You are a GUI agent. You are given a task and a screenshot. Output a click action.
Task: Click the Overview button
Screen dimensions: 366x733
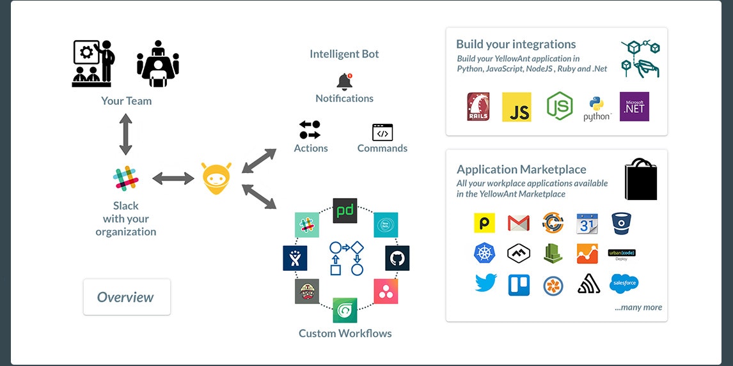127,297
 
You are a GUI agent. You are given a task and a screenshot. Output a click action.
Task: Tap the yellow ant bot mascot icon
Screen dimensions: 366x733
217,178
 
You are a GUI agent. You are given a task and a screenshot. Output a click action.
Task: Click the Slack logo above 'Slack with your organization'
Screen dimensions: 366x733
126,178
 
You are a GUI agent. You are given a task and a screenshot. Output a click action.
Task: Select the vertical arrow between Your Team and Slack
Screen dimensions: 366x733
126,134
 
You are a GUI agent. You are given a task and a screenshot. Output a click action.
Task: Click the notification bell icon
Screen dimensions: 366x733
344,82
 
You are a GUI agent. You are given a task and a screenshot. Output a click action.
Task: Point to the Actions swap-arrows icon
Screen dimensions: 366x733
310,130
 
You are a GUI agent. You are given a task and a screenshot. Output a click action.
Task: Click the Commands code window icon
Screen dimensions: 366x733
382,132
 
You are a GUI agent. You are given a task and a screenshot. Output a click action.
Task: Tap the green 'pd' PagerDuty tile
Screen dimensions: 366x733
345,210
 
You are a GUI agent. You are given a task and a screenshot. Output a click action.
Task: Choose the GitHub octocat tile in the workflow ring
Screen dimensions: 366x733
397,258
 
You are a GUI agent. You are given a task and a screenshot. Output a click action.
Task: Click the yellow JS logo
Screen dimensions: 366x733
517,107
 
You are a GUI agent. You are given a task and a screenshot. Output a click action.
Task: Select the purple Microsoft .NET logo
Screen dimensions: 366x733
634,107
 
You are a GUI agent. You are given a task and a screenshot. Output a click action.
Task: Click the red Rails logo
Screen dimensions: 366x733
478,107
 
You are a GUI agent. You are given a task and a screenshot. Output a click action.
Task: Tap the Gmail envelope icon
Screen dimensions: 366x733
518,223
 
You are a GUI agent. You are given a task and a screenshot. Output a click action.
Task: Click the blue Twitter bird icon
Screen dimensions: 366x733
485,284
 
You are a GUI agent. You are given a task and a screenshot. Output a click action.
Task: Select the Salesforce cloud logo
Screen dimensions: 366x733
623,283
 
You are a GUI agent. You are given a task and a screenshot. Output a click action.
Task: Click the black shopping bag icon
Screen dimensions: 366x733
640,180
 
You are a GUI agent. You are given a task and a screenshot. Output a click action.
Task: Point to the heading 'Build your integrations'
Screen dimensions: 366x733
516,44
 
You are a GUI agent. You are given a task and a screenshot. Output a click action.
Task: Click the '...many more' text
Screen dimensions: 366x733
638,307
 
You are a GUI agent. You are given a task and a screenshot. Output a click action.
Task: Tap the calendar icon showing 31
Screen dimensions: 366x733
587,223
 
